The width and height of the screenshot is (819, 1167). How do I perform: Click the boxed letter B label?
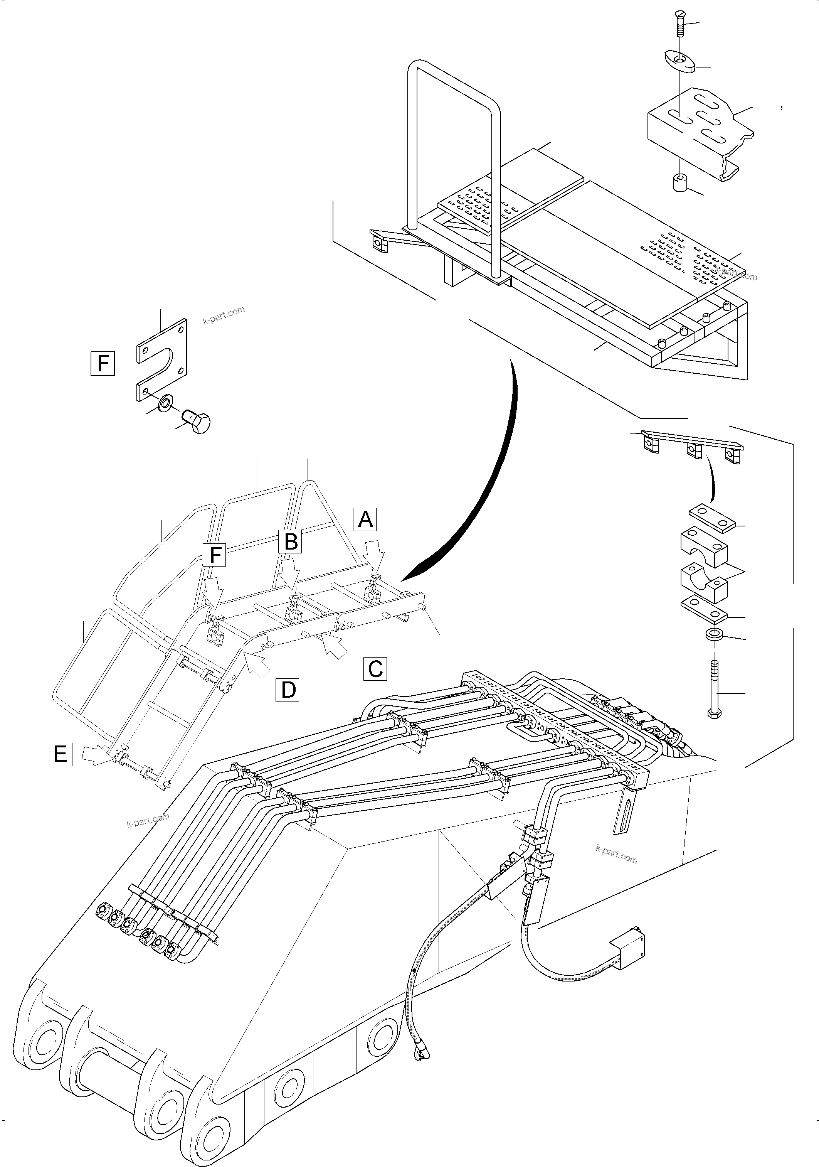(x=291, y=541)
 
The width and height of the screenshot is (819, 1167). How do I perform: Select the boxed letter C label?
(x=375, y=668)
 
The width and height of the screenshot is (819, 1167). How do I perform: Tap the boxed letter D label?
(x=288, y=690)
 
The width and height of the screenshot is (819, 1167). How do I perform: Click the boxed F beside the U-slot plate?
(x=103, y=363)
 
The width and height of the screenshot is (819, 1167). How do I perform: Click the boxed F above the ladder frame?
(x=215, y=555)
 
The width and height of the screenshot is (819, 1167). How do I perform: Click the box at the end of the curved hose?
(x=629, y=954)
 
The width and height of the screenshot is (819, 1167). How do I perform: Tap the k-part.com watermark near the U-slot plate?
(x=224, y=315)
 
